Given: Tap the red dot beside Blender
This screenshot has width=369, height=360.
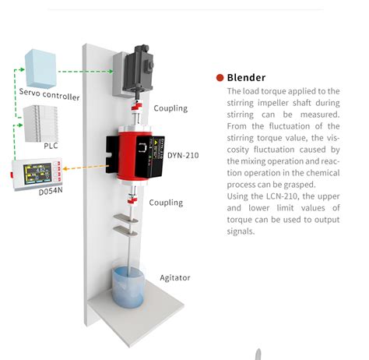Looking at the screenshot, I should pyautogui.click(x=220, y=77).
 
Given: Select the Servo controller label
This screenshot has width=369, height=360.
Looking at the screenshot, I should pyautogui.click(x=49, y=97).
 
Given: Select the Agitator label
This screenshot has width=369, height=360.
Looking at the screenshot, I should pyautogui.click(x=175, y=277).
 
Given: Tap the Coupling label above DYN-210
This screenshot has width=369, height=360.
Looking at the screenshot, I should pyautogui.click(x=170, y=108).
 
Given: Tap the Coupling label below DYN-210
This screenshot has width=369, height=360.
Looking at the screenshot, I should pyautogui.click(x=165, y=203).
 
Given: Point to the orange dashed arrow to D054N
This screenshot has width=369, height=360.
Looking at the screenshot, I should pyautogui.click(x=86, y=167).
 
